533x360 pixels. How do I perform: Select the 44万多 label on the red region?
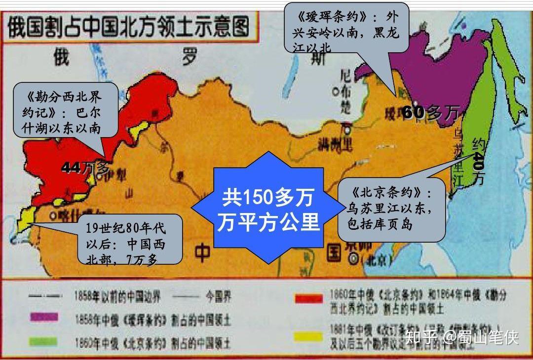click(85, 167)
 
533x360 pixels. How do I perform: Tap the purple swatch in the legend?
click(44, 317)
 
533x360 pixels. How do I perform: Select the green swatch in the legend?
click(44, 341)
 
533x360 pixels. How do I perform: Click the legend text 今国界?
click(217, 296)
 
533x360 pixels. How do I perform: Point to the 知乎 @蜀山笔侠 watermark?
click(461, 338)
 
